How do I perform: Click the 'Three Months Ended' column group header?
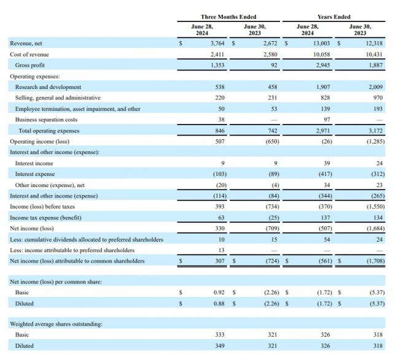click(x=228, y=17)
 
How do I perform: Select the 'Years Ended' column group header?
click(x=334, y=17)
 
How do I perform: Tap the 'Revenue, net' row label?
click(x=26, y=43)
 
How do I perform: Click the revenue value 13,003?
click(x=320, y=43)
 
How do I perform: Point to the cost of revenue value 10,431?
click(x=373, y=54)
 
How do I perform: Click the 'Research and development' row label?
click(x=48, y=87)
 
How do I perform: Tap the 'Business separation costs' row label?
click(x=46, y=120)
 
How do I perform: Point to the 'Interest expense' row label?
click(x=34, y=174)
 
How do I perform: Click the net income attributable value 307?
click(x=219, y=261)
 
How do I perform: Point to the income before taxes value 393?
click(x=219, y=207)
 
